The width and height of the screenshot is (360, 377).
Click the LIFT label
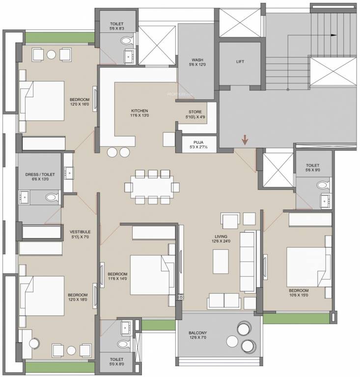coord(240,62)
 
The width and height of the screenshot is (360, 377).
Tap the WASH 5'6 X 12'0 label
coord(197,61)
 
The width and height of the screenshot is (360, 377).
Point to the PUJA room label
coord(198,144)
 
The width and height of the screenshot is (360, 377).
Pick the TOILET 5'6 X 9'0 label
coord(312,168)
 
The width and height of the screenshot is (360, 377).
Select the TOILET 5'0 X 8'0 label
coord(116,362)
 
